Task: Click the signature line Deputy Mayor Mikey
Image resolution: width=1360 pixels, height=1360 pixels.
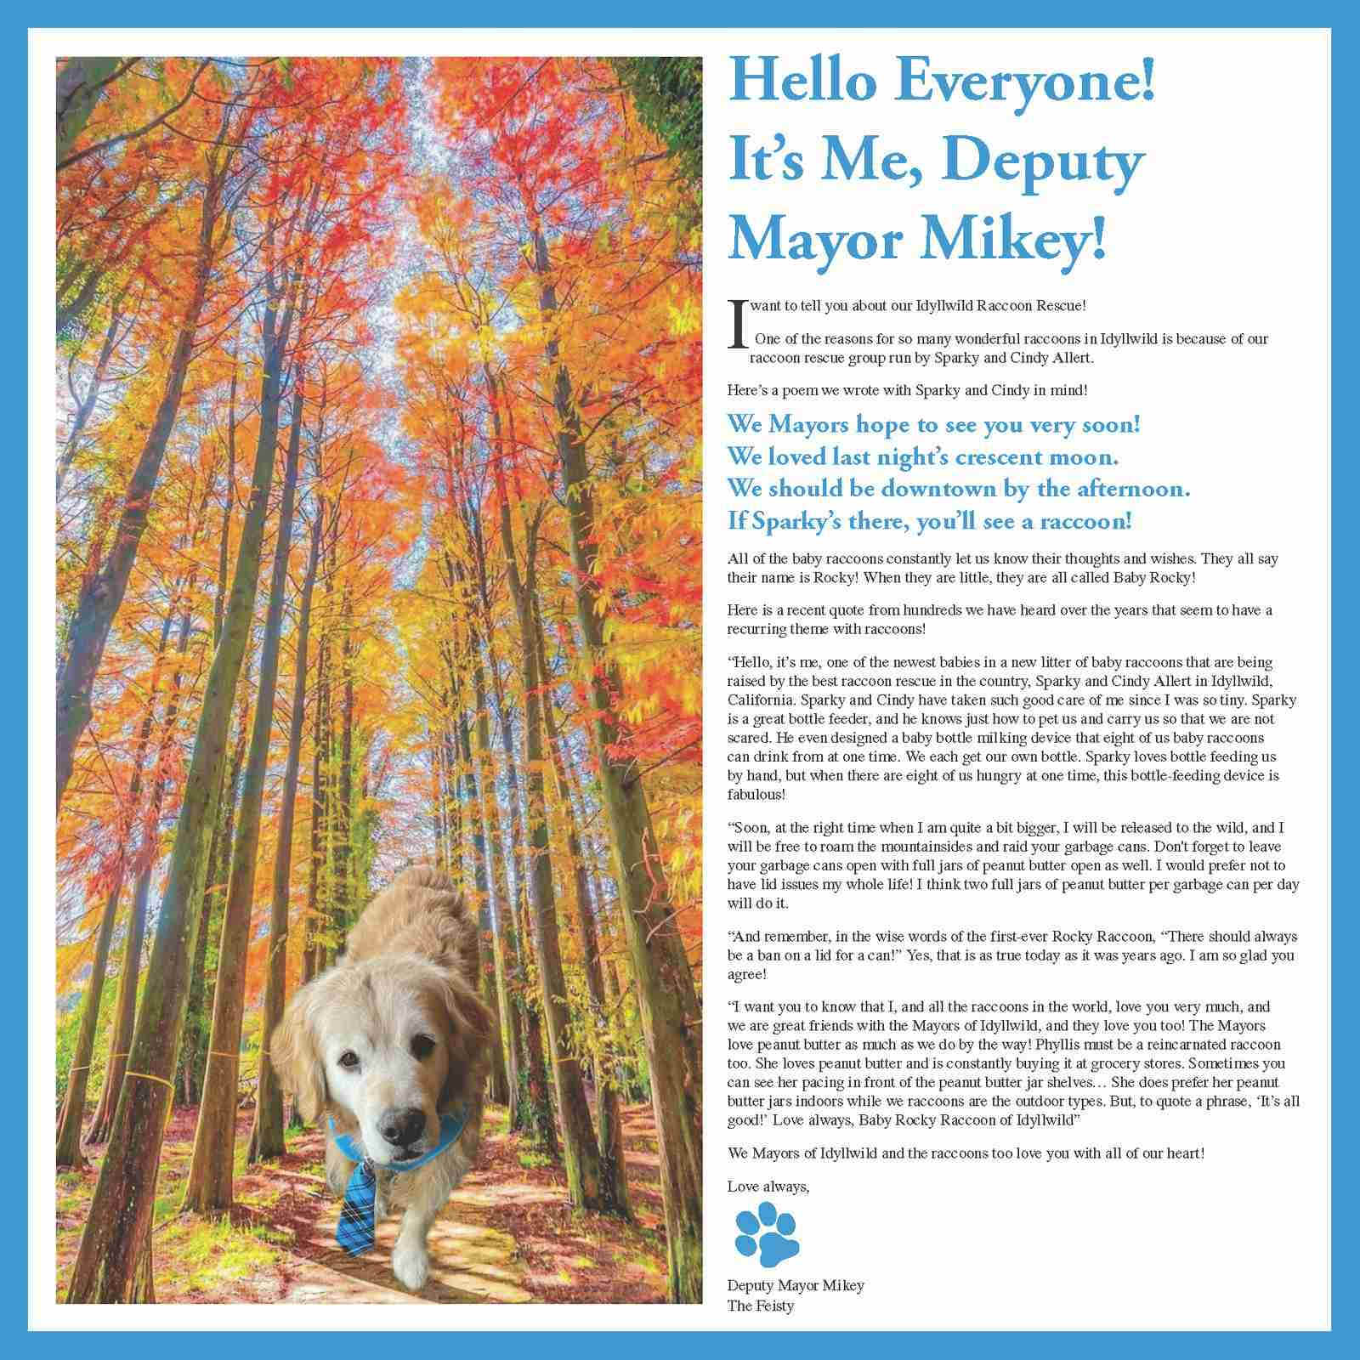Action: (x=796, y=1284)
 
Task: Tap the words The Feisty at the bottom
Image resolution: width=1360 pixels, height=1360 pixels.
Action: (x=760, y=1305)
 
